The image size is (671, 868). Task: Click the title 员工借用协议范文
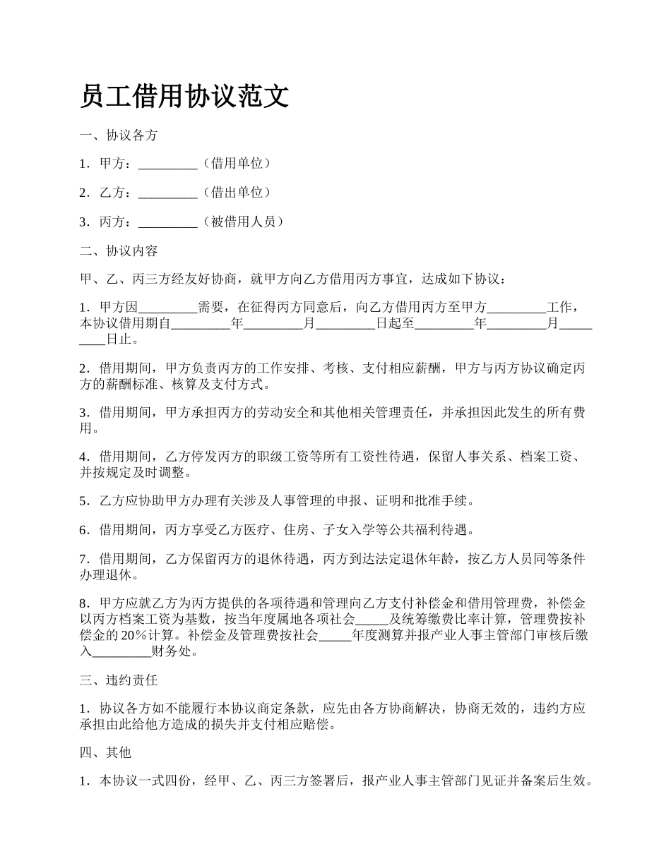pos(184,96)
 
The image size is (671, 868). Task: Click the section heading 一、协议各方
pos(119,135)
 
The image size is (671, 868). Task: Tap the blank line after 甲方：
pos(167,164)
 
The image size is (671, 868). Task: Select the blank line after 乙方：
pos(167,193)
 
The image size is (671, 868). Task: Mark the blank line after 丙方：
pos(167,222)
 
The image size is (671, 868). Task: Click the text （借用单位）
pos(235,164)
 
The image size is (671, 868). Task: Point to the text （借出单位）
pos(235,193)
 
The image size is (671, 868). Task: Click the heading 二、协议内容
pos(119,251)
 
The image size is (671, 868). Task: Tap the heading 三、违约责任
pos(119,680)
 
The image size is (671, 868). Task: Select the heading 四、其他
pos(106,752)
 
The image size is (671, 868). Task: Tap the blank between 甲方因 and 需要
pos(167,308)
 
